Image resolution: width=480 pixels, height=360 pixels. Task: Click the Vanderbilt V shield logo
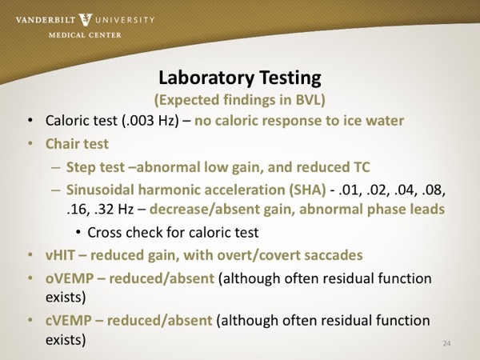point(86,20)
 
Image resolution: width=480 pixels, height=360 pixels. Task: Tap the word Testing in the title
point(290,78)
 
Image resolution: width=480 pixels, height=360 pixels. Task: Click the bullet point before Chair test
point(30,143)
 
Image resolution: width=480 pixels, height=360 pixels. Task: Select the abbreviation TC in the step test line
point(362,167)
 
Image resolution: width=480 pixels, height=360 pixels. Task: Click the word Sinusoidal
point(101,190)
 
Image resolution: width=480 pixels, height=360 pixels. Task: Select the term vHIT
point(60,255)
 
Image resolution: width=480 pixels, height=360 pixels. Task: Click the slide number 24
point(446,343)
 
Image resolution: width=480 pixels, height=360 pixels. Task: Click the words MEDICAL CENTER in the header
point(85,35)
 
